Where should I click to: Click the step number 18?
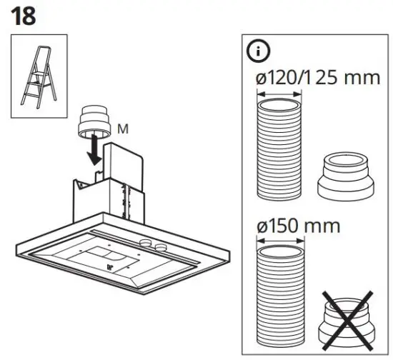point(23,16)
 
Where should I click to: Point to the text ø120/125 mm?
point(317,77)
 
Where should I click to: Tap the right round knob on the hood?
point(161,247)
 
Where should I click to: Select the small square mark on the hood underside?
point(109,269)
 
